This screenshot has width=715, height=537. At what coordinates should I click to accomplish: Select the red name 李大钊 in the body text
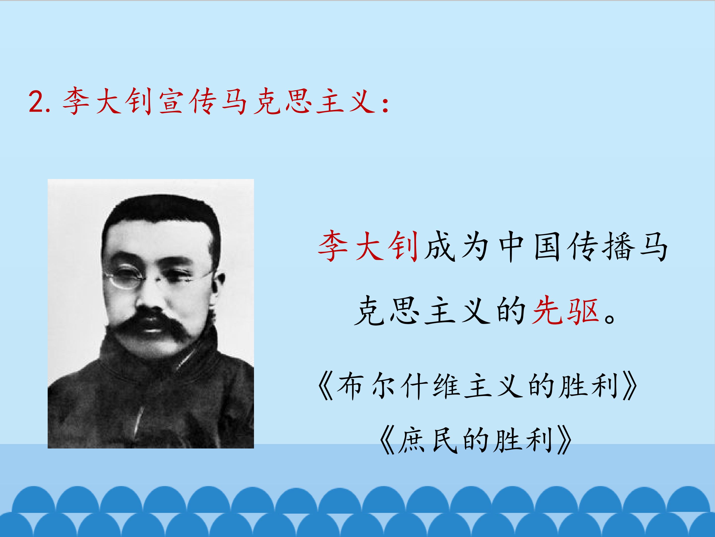pyautogui.click(x=368, y=246)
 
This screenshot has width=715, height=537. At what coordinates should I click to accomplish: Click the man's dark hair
pyautogui.click(x=162, y=210)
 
